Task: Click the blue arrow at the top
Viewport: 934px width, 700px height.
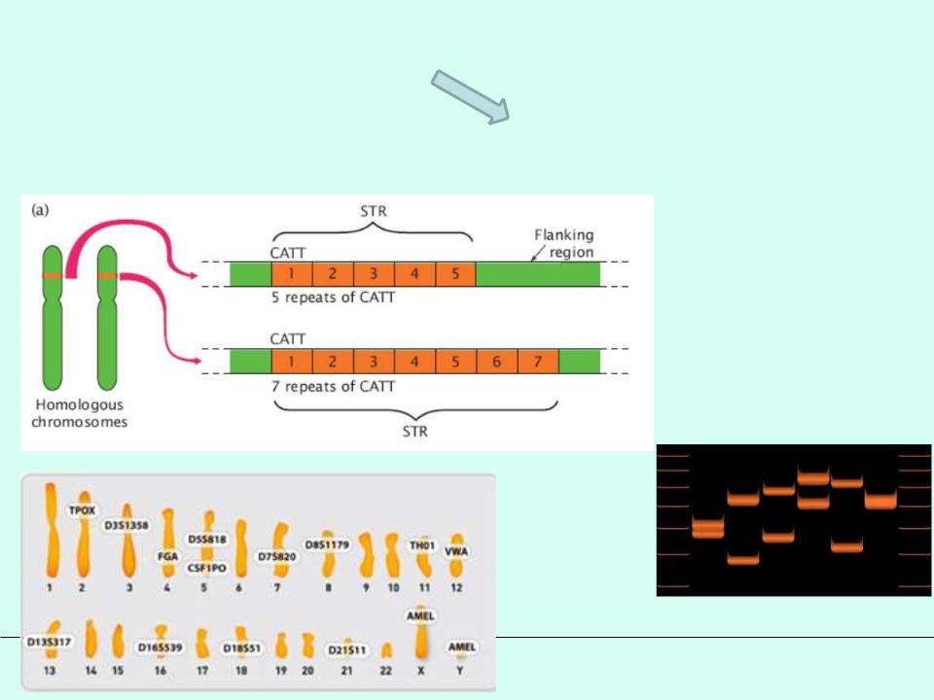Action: [472, 96]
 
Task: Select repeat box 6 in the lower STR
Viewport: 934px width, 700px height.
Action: [496, 362]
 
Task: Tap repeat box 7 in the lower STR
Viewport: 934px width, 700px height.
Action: [538, 362]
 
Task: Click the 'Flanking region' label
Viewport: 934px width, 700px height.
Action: [563, 243]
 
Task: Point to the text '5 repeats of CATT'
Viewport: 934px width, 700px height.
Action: [334, 297]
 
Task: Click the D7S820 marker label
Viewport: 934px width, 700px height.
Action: [277, 556]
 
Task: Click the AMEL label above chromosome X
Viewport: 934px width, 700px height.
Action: [421, 615]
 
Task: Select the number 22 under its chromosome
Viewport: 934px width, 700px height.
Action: [385, 670]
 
